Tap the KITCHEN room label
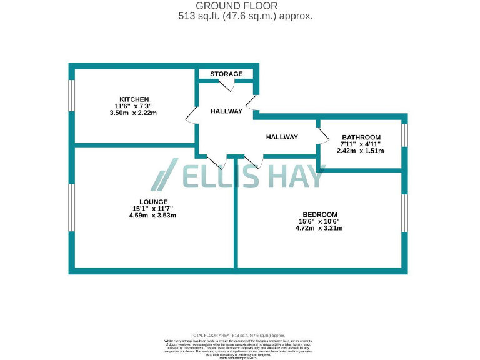[x=134, y=99]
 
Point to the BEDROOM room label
[x=319, y=214]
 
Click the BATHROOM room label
[x=361, y=137]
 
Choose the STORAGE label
[x=226, y=74]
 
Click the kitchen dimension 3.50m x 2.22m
[x=133, y=113]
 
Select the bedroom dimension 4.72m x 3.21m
[x=319, y=228]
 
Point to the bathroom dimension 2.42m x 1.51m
[x=361, y=151]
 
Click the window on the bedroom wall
[x=404, y=212]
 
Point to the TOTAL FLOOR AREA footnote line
[x=241, y=335]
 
